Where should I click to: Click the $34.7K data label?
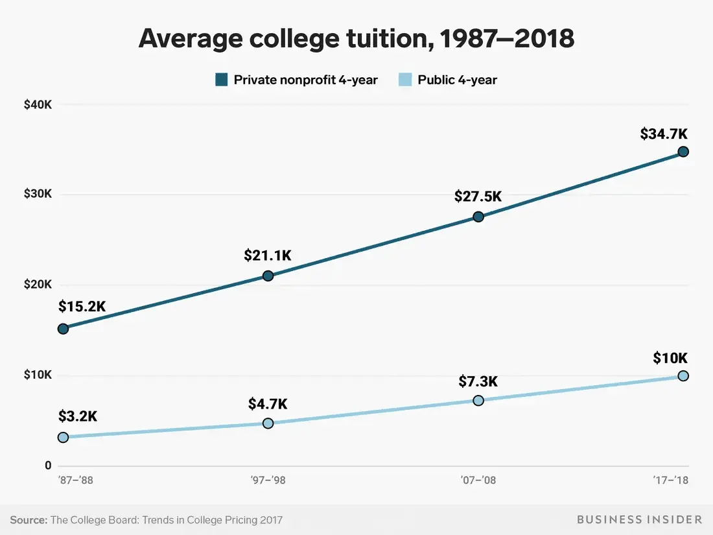coord(664,134)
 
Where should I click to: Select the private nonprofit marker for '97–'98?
coord(268,276)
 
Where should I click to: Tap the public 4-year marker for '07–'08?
coord(478,400)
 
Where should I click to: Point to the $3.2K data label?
coord(78,417)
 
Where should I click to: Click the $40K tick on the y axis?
coord(38,104)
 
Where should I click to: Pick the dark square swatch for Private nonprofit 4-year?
coord(222,80)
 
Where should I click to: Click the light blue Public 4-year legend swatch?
coord(405,80)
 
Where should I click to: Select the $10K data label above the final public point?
coord(670,358)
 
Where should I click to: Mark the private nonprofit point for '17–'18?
coord(683,152)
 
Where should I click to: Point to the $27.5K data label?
coord(478,196)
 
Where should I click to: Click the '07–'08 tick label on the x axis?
coord(478,481)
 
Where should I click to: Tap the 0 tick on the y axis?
coord(48,466)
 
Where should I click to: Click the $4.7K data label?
coord(268,404)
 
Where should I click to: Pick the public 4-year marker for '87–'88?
coord(63,437)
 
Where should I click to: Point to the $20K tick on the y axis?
coord(38,285)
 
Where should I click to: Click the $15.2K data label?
coord(82,306)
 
